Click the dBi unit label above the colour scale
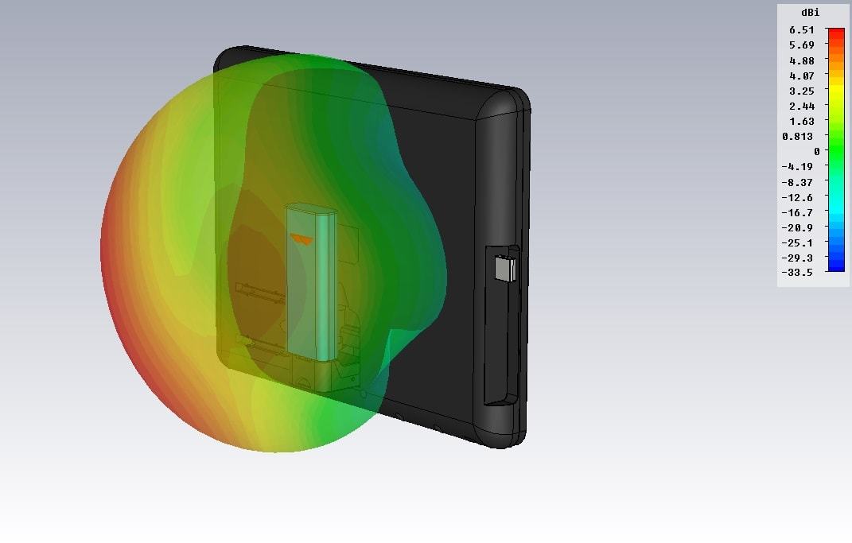click(810, 13)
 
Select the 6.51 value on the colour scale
click(801, 30)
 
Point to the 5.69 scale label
click(801, 45)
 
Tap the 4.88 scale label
click(801, 60)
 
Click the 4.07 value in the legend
click(801, 76)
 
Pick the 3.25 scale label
click(801, 91)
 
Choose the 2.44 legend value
click(801, 107)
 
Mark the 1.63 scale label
click(801, 122)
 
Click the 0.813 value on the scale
click(798, 137)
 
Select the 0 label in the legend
click(817, 152)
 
